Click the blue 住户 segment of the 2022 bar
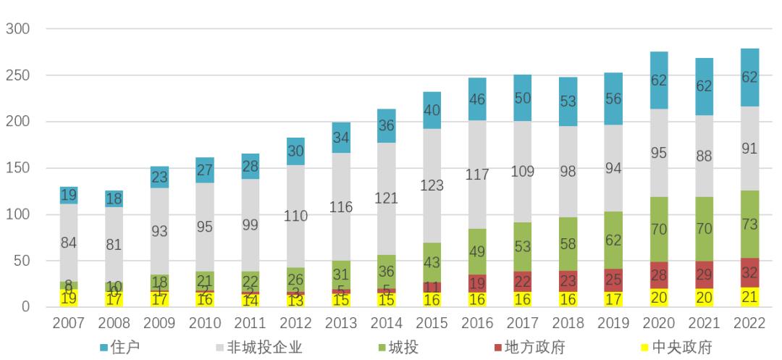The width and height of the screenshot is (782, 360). tap(751, 77)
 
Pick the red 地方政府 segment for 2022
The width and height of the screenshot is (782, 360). tap(751, 273)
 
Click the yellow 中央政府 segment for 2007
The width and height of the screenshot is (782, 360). tap(69, 298)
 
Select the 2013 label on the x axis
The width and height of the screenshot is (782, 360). tap(341, 322)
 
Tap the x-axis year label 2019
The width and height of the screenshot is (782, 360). tap(613, 322)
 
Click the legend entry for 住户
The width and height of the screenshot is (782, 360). tap(119, 347)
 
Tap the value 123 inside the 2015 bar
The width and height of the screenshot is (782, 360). tap(432, 185)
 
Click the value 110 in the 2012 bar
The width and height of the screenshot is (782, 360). tap(295, 216)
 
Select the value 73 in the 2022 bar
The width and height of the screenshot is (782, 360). tap(751, 225)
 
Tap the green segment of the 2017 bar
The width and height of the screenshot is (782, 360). tap(523, 247)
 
